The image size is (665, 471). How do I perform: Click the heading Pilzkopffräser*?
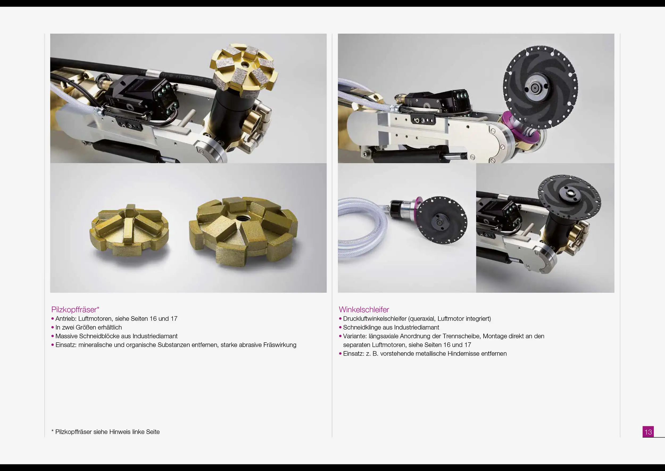tap(75, 310)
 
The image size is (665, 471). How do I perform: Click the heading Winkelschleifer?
tap(364, 310)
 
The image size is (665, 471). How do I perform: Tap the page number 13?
tap(648, 432)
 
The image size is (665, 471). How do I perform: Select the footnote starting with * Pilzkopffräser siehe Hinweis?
tap(105, 432)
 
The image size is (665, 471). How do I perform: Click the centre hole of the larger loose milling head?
tap(240, 218)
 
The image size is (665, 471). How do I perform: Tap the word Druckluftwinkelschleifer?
tap(375, 319)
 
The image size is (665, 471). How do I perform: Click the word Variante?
tap(355, 336)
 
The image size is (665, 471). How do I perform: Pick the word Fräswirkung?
tap(280, 345)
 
